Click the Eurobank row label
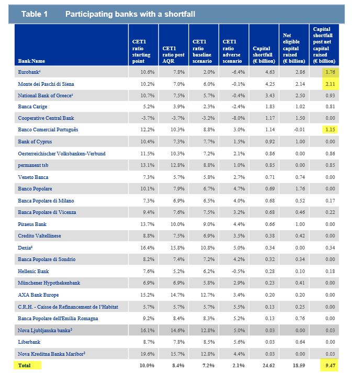coord(29,72)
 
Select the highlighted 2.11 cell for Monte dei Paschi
coord(330,84)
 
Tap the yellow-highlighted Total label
coord(27,365)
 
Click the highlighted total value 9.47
coord(330,365)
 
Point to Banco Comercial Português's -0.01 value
coord(299,130)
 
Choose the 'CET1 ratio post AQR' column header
coord(173,55)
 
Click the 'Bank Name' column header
coord(31,61)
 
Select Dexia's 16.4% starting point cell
coord(147,247)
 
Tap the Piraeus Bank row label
coord(32,224)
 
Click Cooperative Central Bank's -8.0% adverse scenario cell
coord(238,118)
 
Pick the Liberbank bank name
coord(29,342)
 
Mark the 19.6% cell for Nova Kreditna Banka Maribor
coord(147,354)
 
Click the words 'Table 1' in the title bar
coord(35,14)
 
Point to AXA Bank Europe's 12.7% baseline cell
coord(208,295)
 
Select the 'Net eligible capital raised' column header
coord(294,48)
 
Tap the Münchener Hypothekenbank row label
coord(49,283)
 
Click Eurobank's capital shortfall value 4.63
coord(270,72)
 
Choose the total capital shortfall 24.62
coord(268,365)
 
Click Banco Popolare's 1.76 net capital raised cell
coord(300,189)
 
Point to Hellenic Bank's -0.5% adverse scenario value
coord(238,272)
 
